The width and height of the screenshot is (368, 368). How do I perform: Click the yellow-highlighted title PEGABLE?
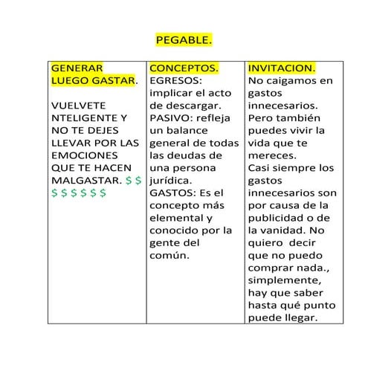pos(184,39)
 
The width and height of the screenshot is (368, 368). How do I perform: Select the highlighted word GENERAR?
pos(78,68)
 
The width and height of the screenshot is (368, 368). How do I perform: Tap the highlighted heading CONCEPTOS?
pos(184,68)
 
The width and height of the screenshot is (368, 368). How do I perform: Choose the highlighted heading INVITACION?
pos(282,68)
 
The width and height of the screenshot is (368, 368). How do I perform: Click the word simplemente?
pos(283,281)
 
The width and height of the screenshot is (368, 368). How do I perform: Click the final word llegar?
pos(300,318)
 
